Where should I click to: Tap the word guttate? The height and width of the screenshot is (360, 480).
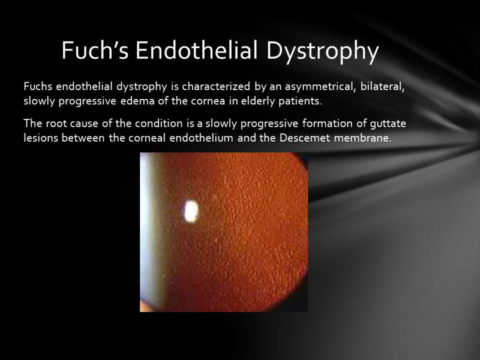[389, 124]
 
